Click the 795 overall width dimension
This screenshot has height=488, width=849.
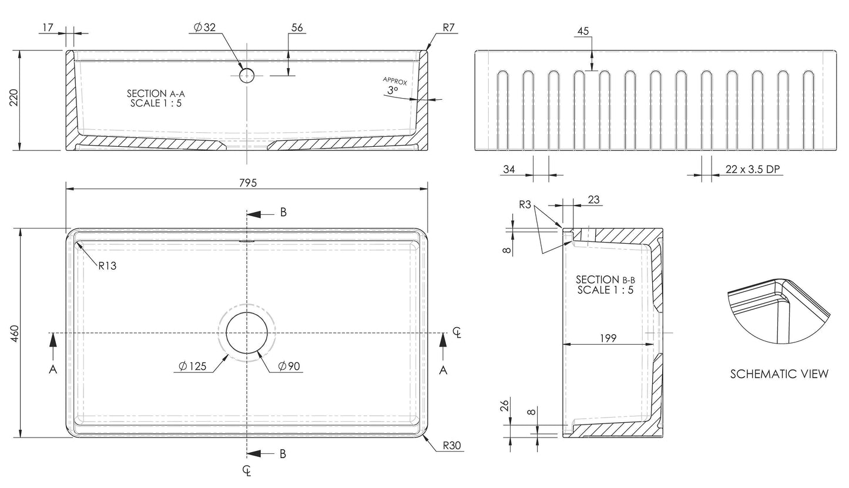(x=248, y=183)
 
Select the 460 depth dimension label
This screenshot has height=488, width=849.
(x=16, y=333)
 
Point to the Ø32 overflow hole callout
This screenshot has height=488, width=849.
(x=204, y=27)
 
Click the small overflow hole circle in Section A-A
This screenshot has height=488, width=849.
(x=247, y=75)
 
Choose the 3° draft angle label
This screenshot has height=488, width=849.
(x=392, y=90)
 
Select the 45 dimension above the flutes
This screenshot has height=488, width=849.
(x=583, y=31)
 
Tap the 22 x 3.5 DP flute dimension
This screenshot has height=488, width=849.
(x=752, y=169)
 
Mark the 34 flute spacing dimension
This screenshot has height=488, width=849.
(x=509, y=169)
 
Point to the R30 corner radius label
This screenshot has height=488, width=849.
(x=452, y=445)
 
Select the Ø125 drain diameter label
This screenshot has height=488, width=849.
(x=193, y=366)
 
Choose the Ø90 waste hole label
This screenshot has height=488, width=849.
(x=290, y=366)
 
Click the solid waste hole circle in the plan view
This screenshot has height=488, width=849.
(x=248, y=333)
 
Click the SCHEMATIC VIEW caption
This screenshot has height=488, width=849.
(x=779, y=374)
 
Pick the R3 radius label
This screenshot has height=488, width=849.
(x=525, y=204)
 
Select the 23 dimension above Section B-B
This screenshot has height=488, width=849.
(x=593, y=200)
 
